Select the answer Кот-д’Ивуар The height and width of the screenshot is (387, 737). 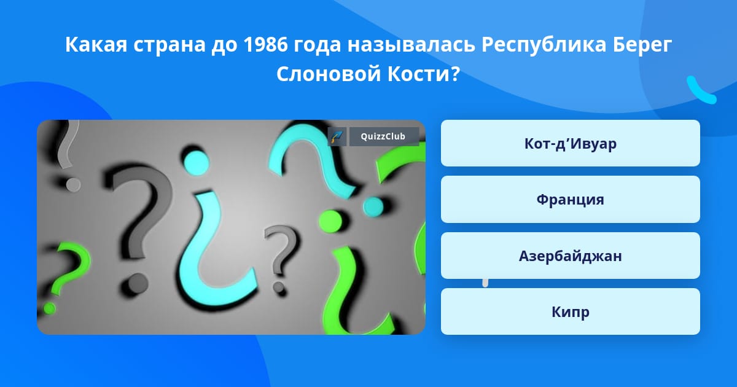570,143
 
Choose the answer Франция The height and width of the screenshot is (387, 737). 570,200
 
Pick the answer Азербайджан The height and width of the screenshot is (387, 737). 570,256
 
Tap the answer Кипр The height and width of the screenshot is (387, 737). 570,311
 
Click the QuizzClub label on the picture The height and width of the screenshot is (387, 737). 384,136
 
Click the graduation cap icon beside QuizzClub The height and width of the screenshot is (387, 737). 337,136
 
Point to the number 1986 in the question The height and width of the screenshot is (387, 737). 265,44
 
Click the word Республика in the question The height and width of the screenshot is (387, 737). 544,45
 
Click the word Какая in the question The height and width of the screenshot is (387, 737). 96,45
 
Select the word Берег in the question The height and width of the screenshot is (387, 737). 642,45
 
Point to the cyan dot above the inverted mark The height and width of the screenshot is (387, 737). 197,163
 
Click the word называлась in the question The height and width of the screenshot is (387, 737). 411,45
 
